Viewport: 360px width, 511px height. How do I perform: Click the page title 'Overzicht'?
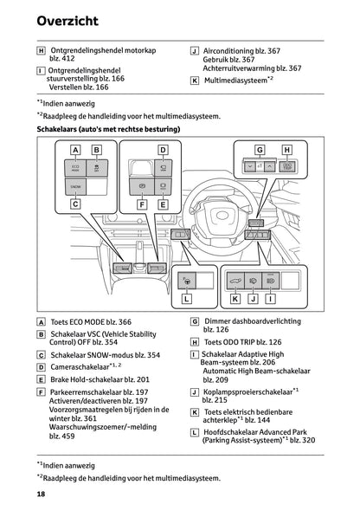point(66,19)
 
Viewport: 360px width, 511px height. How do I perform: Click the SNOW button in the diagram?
point(74,184)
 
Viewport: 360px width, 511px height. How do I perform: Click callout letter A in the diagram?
point(74,147)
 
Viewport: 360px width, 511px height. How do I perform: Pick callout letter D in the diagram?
point(162,148)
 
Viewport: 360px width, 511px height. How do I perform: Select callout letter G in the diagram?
point(259,148)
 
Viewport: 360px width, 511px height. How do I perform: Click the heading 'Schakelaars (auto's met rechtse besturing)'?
point(108,130)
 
